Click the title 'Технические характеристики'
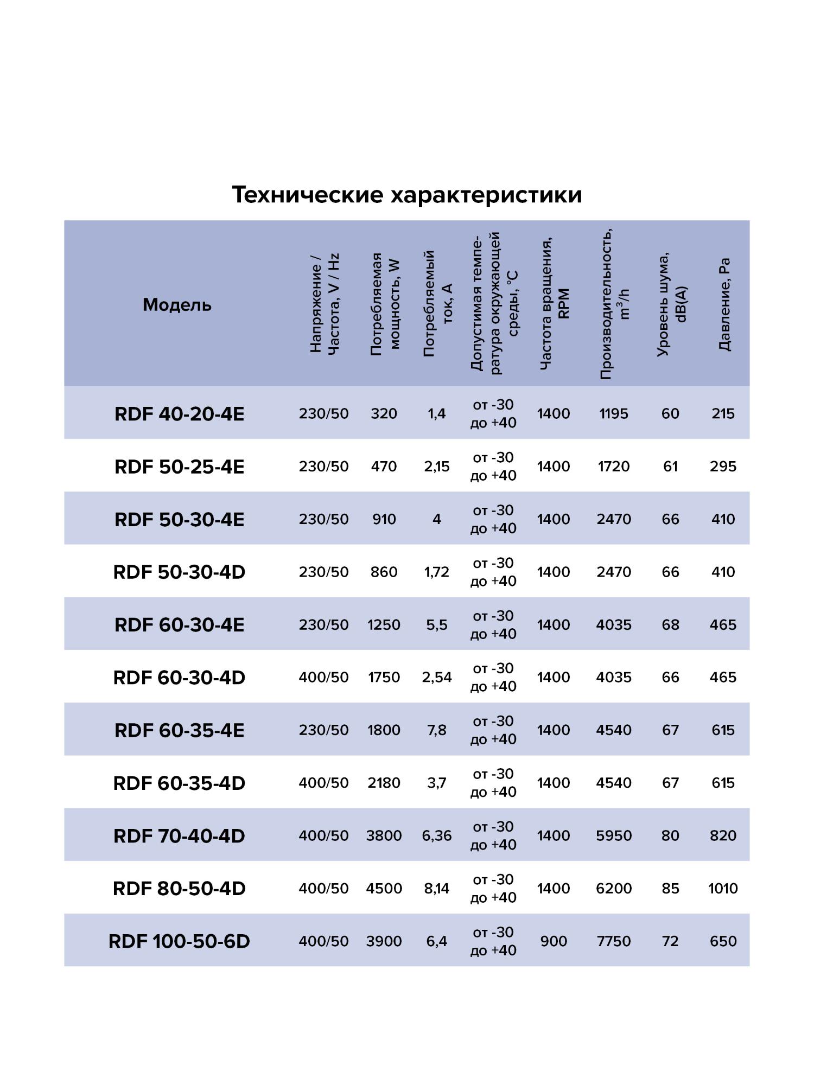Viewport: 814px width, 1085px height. click(x=406, y=195)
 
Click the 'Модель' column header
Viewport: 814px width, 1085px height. click(x=177, y=305)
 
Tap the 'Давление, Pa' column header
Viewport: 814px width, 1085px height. click(x=724, y=304)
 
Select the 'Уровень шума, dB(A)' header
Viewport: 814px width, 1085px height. click(x=671, y=304)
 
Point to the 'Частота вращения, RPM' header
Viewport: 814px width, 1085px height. click(x=554, y=304)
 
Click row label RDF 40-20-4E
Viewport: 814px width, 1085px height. click(x=179, y=414)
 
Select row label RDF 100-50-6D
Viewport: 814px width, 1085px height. click(x=179, y=941)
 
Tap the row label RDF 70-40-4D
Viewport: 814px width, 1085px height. click(x=179, y=836)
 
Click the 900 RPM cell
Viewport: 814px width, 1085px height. click(x=554, y=941)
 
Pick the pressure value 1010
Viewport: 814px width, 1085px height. click(x=723, y=889)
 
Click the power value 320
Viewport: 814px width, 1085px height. click(x=384, y=414)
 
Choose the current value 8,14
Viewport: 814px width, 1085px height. click(x=436, y=889)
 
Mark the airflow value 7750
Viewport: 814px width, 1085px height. click(x=614, y=941)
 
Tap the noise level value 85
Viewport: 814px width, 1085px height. click(x=670, y=889)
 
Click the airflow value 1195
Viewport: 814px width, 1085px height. click(x=614, y=414)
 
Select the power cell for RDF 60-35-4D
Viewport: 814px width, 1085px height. click(x=384, y=783)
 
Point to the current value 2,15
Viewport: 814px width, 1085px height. click(x=436, y=467)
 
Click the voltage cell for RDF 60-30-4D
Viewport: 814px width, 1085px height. click(x=323, y=678)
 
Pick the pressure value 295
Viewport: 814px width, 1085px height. click(x=723, y=467)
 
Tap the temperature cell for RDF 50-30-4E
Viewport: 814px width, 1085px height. click(x=493, y=519)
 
